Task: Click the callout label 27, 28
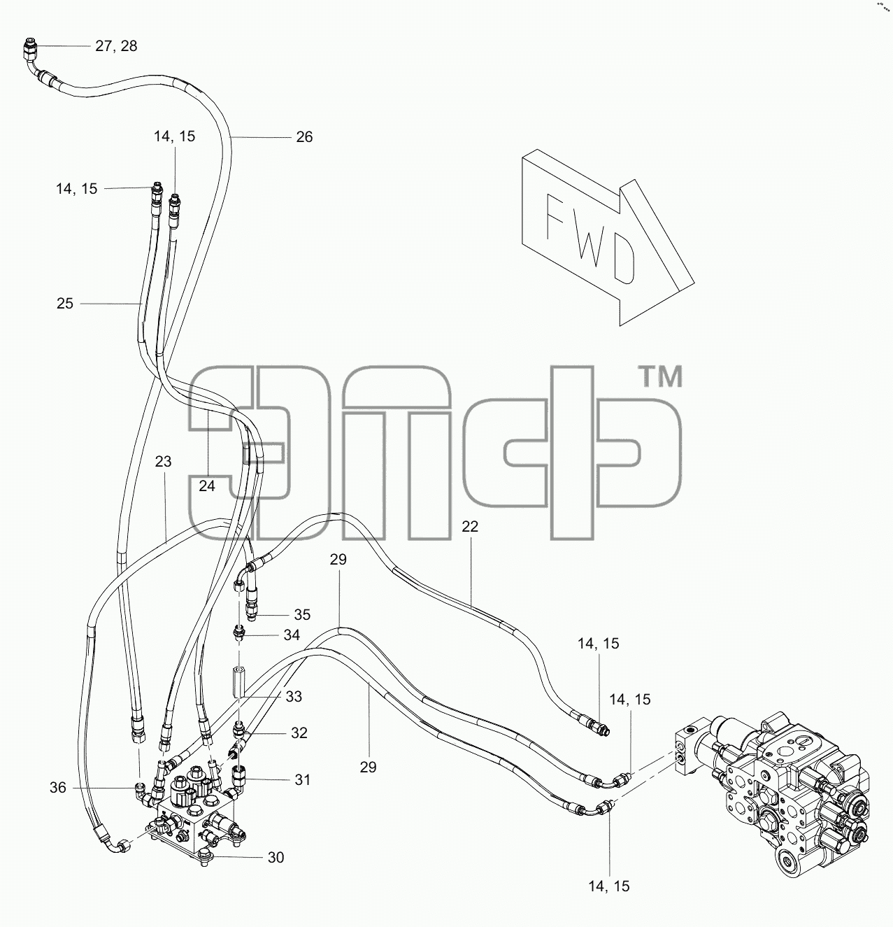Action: (x=116, y=46)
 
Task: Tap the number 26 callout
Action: (x=304, y=137)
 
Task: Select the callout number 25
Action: (x=65, y=304)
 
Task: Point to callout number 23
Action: (x=163, y=462)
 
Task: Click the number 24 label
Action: (x=207, y=486)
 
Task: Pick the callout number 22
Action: (x=470, y=526)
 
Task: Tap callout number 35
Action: (x=302, y=614)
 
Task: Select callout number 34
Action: (x=292, y=635)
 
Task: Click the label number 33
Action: (x=294, y=696)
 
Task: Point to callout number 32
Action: (x=299, y=733)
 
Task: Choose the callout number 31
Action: (x=302, y=780)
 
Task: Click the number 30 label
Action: (x=276, y=858)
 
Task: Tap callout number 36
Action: (x=57, y=788)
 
